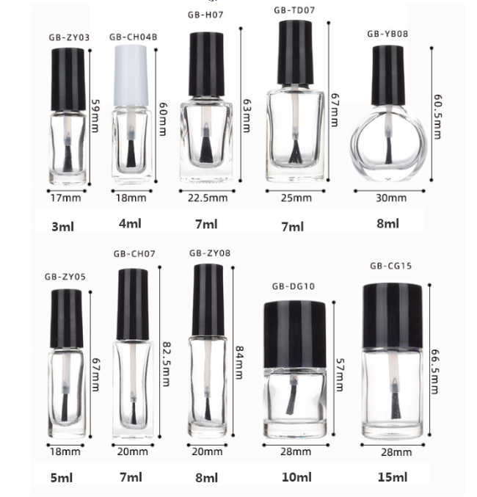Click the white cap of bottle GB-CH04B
tap(131, 75)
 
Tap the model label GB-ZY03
tap(69, 37)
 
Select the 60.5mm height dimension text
tap(437, 117)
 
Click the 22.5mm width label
tap(208, 198)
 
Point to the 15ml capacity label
tap(393, 477)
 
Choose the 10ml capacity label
tap(296, 477)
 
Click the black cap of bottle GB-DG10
tap(295, 335)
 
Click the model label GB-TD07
tap(294, 10)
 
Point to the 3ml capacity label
tap(62, 227)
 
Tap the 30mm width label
tap(391, 198)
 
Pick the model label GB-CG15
tap(391, 266)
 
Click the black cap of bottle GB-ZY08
tap(208, 300)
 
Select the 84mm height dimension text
tap(239, 363)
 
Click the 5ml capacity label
tap(62, 478)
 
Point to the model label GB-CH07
tap(134, 254)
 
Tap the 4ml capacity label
tap(131, 224)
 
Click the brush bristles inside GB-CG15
tap(395, 405)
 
